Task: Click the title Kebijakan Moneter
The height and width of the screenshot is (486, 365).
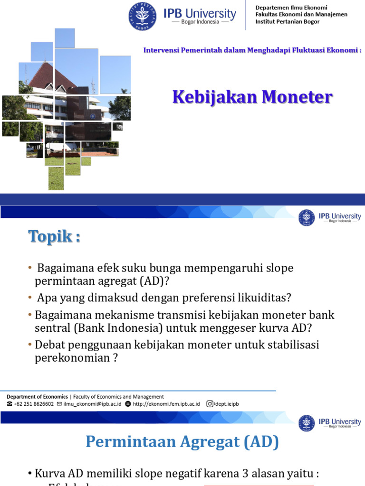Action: pos(252,97)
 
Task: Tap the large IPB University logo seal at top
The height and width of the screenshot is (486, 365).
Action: pos(143,16)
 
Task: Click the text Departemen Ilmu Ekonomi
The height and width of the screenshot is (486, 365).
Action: pos(291,7)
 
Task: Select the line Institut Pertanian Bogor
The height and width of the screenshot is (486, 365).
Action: pos(288,21)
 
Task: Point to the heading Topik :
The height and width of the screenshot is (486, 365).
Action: pos(54,236)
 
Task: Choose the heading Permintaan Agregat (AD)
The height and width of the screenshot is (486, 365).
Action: pos(182,442)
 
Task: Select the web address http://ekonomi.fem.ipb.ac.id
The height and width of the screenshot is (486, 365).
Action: pos(166,404)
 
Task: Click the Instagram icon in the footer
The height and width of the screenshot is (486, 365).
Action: pos(210,404)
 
